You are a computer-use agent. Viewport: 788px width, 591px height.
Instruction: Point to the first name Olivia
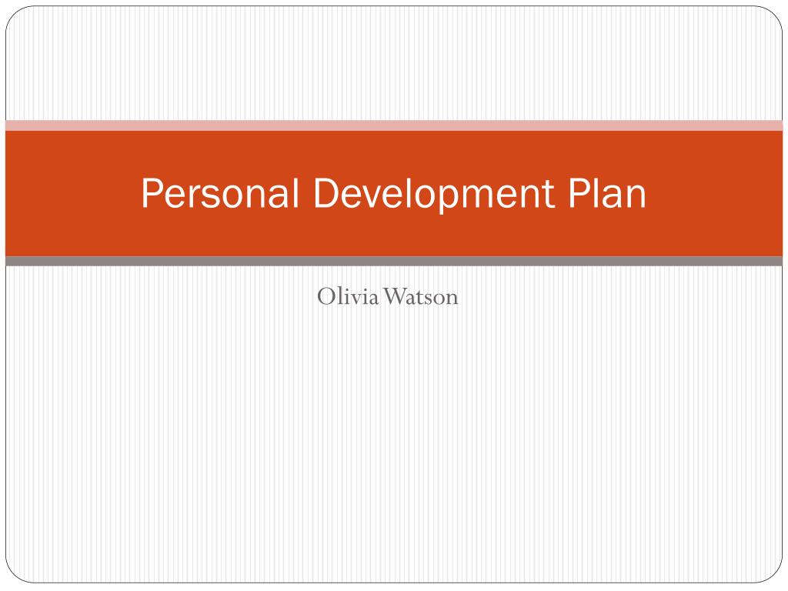pyautogui.click(x=348, y=296)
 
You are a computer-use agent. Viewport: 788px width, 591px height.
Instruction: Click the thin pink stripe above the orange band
pyautogui.click(x=394, y=125)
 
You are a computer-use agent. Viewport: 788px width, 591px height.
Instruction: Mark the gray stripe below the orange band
pyautogui.click(x=394, y=262)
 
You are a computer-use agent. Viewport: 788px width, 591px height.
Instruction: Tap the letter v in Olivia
pyautogui.click(x=356, y=298)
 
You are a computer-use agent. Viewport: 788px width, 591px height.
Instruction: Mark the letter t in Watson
pyautogui.click(x=421, y=297)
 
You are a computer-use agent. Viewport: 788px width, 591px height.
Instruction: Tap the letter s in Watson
pyautogui.click(x=430, y=298)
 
